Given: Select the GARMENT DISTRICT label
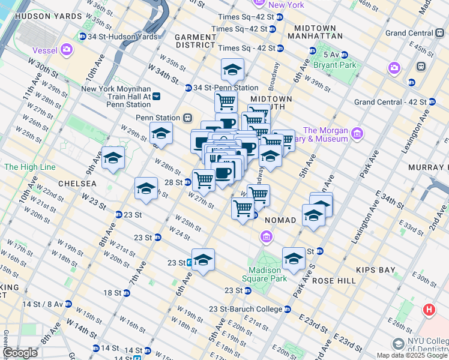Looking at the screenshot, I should coord(195,41).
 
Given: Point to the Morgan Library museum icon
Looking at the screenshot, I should coord(357,132).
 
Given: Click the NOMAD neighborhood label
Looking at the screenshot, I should coord(280,220).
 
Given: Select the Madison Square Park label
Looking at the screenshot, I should coord(262,274).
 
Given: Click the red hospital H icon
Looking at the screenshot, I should coord(429,310).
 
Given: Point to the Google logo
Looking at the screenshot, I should coord(20,353).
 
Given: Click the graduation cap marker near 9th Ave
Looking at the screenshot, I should coord(113,158).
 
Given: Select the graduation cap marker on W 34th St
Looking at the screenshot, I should coord(232,71).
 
